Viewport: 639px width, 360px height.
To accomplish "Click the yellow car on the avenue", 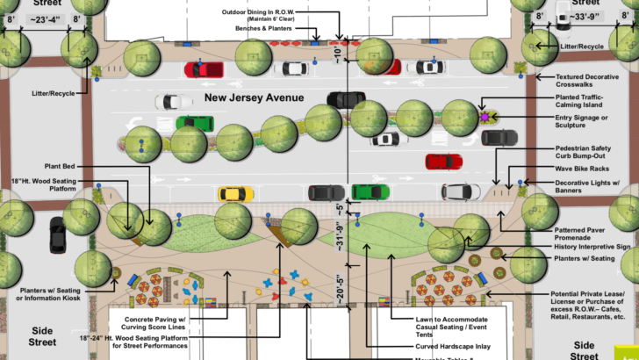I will coord(235,193).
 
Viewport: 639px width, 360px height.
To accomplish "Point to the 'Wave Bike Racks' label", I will coord(584,168).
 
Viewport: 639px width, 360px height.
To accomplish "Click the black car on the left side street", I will coord(58,234).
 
